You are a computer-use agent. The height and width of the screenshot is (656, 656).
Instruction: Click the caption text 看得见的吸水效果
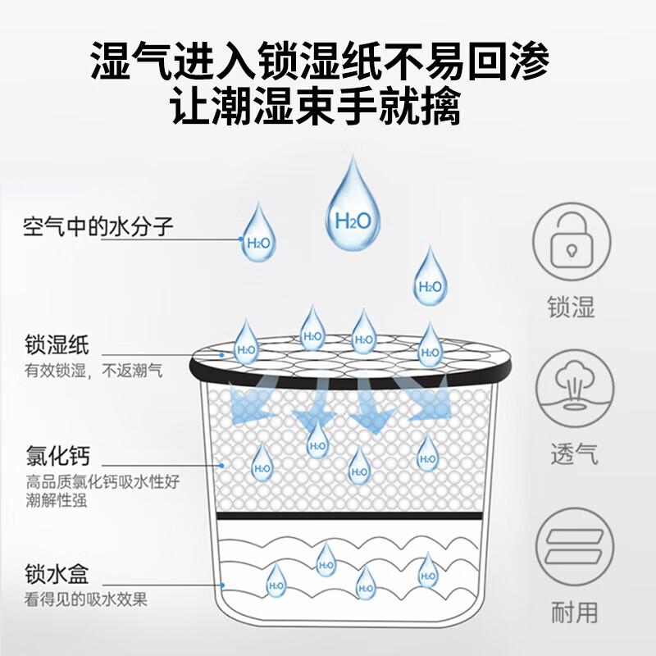coord(86,599)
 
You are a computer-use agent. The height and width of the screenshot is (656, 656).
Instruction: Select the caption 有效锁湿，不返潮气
coord(93,371)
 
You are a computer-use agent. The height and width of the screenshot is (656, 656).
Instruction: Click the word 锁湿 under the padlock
coord(572,307)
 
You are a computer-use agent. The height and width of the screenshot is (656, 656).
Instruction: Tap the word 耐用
coord(572,612)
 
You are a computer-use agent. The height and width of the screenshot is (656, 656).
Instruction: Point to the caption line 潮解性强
coord(56,500)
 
